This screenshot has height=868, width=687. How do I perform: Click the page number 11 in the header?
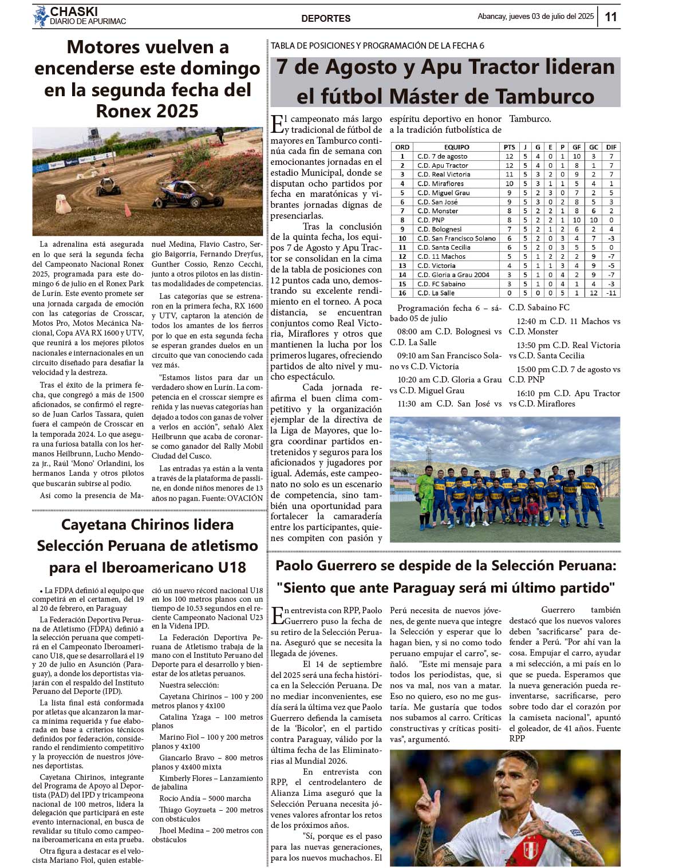click(611, 17)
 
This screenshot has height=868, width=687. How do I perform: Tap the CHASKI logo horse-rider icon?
click(40, 17)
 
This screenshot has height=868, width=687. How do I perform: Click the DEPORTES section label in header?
click(326, 18)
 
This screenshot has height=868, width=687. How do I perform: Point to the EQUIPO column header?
click(456, 147)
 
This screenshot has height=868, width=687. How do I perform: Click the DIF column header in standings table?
click(611, 147)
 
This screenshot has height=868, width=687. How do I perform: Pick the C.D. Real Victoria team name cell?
click(443, 175)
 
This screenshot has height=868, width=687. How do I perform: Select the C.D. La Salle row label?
click(436, 293)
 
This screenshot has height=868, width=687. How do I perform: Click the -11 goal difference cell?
click(611, 293)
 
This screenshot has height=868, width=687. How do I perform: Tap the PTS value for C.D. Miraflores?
click(509, 184)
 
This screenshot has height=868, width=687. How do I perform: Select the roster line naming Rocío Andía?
click(205, 798)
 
